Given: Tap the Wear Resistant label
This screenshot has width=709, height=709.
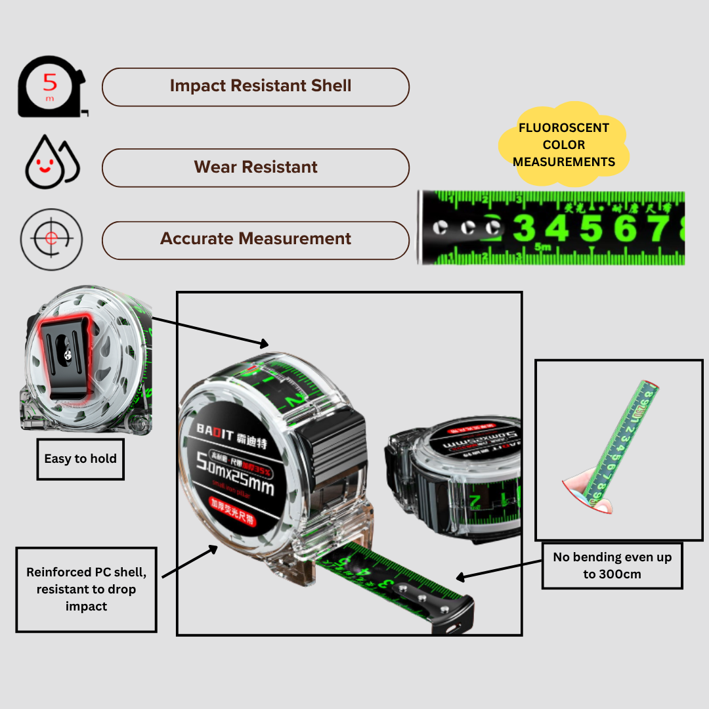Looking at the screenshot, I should pyautogui.click(x=256, y=167).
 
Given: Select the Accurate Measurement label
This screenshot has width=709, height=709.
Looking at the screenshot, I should pyautogui.click(x=256, y=239).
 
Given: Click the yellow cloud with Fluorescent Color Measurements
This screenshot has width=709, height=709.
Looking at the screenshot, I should pyautogui.click(x=564, y=144).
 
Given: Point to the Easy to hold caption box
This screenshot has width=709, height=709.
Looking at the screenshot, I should pyautogui.click(x=80, y=459).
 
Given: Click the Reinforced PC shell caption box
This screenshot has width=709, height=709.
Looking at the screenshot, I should pyautogui.click(x=86, y=590).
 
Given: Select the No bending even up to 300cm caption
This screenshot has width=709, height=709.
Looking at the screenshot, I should pyautogui.click(x=612, y=565).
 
